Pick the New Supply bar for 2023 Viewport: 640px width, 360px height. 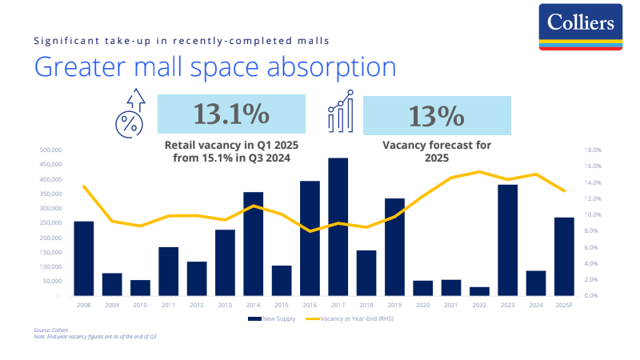508,240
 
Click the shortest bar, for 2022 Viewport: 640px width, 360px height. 479,291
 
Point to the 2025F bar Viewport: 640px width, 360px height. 564,256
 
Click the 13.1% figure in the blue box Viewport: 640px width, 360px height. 232,114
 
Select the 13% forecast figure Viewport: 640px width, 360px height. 436,116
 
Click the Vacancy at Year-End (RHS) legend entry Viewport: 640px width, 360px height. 358,318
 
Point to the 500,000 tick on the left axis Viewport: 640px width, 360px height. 50,150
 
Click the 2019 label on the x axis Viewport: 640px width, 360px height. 394,305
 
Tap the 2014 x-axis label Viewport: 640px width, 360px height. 253,305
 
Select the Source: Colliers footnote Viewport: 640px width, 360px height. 49,330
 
